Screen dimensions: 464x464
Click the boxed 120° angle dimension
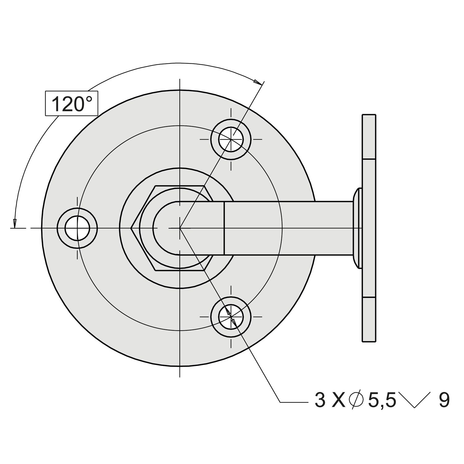point(72,104)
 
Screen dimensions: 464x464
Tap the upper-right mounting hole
point(231,139)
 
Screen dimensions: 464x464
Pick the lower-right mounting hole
point(231,317)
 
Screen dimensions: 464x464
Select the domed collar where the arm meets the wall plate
point(357,228)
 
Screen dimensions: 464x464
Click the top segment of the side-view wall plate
point(369,137)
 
